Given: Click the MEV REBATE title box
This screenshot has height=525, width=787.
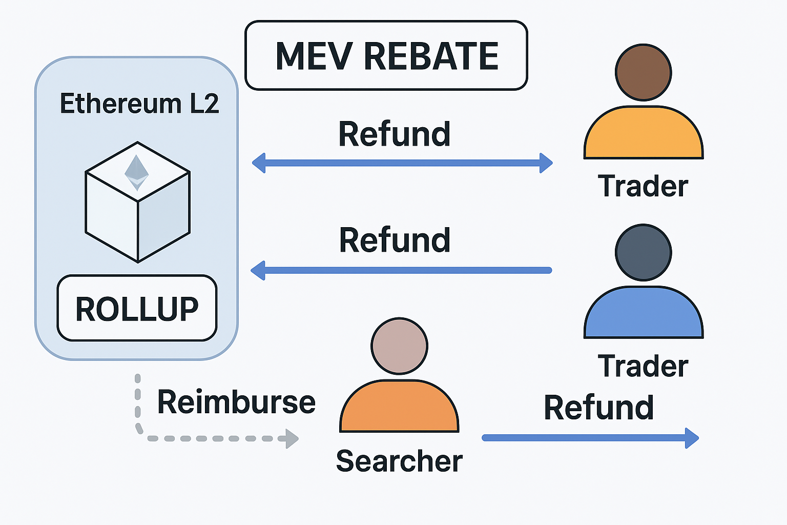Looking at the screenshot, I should point(386,55).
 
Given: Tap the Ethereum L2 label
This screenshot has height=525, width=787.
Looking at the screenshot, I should point(139,104).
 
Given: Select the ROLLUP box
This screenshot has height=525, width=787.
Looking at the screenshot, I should point(137,309).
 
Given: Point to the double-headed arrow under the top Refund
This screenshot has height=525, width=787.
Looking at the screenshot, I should point(402,163).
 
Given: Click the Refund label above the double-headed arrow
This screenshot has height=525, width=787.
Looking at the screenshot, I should point(394,134).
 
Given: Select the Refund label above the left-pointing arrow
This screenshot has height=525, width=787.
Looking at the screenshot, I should point(395,240).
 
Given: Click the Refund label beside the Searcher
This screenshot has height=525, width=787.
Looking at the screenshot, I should point(598,408).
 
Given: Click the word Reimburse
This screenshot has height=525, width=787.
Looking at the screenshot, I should point(236,402).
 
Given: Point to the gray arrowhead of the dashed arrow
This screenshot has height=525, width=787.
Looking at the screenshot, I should point(292,439).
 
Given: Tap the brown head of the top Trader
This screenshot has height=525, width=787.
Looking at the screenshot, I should point(643,72).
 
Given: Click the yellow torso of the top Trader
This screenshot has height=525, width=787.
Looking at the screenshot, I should point(644,135).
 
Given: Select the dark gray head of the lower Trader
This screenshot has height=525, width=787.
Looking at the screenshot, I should point(643,252).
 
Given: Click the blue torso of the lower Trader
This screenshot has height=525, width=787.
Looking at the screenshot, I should point(644,314).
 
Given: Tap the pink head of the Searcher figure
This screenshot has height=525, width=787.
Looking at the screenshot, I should point(399,346).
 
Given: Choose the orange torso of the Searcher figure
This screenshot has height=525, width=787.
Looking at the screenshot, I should point(399,408).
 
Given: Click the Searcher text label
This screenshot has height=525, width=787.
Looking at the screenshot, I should point(399,461).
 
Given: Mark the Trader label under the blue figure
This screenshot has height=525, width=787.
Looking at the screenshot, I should point(643,366).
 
